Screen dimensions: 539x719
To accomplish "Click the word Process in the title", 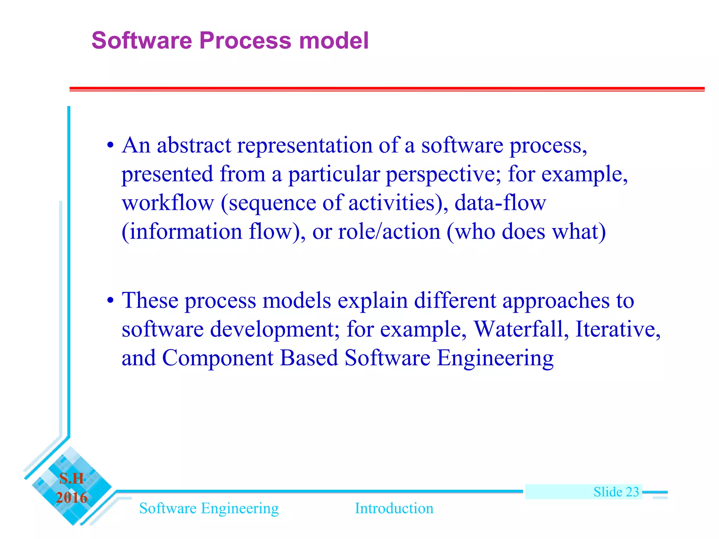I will click(245, 40).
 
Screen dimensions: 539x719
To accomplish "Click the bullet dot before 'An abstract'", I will click(110, 145).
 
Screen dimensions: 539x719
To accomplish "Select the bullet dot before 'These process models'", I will click(110, 301).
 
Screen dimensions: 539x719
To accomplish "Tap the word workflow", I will click(168, 203).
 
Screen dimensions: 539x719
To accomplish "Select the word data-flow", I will click(500, 203).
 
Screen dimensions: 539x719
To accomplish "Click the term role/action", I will click(389, 232).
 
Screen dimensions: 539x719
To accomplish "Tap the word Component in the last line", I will click(218, 358).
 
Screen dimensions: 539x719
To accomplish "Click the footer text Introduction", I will click(394, 508).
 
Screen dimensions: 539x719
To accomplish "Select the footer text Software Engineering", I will click(209, 508).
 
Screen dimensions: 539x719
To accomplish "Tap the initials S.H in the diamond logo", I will click(72, 479).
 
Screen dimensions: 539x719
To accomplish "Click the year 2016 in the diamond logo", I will click(72, 498).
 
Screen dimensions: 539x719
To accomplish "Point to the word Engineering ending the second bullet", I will click(495, 358).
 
